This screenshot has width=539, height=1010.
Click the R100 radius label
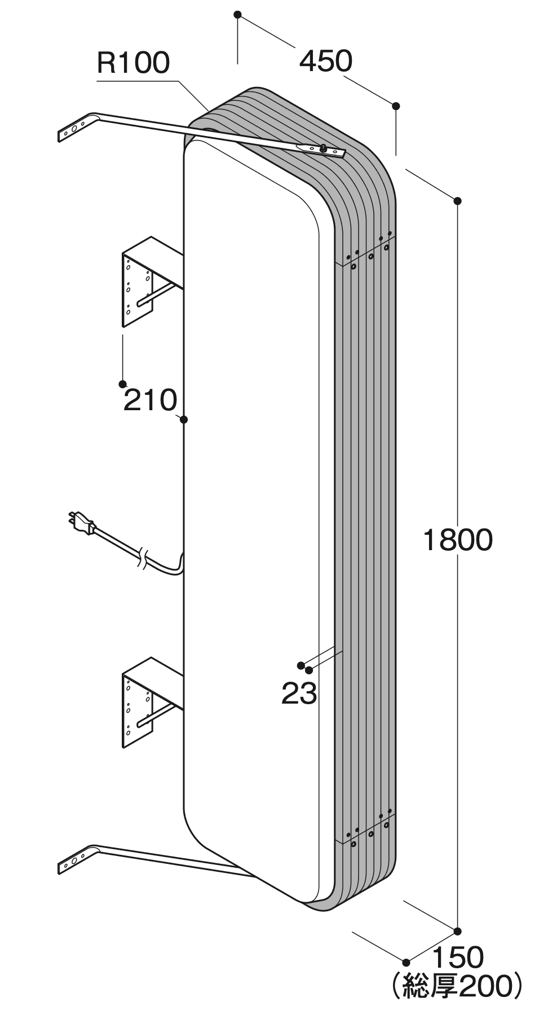[x=133, y=63]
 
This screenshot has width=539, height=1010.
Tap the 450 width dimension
[x=325, y=61]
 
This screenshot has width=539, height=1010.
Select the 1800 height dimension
[x=457, y=540]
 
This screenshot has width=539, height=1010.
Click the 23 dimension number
[x=299, y=693]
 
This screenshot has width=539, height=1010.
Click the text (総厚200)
[x=457, y=985]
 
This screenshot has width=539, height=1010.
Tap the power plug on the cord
[x=82, y=521]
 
